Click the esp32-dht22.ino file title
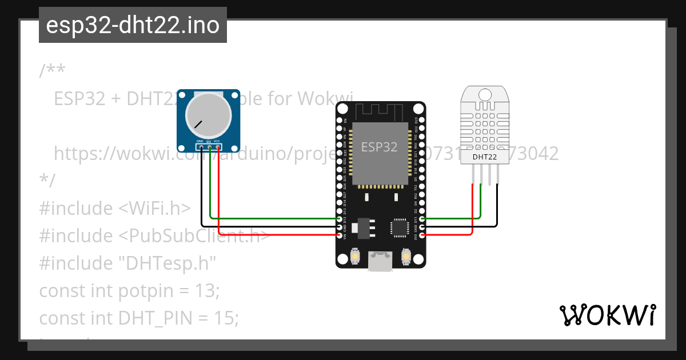pos(133,26)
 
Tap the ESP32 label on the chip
pos(379,147)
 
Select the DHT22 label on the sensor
pos(485,157)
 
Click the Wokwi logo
pos(608,315)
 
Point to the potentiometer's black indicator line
pos(198,124)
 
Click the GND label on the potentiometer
pos(200,141)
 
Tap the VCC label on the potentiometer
pos(217,141)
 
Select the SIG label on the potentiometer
pos(209,141)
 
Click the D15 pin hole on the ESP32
pos(422,219)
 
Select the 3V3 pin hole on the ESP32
pos(422,234)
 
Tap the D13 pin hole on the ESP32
pos(340,219)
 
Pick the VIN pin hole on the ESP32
pos(340,234)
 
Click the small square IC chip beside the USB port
pos(398,227)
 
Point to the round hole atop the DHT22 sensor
pos(485,94)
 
